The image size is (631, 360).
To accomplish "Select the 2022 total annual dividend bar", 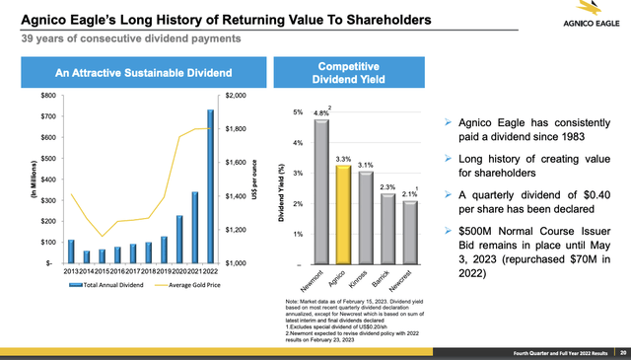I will [x=209, y=187].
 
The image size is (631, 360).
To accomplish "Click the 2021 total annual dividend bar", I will [x=195, y=228].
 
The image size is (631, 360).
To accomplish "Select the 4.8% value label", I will [x=319, y=112].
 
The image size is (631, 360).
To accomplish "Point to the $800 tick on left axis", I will [x=46, y=96].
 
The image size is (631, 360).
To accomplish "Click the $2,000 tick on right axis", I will [x=238, y=96].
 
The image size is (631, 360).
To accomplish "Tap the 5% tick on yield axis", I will [x=298, y=112].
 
